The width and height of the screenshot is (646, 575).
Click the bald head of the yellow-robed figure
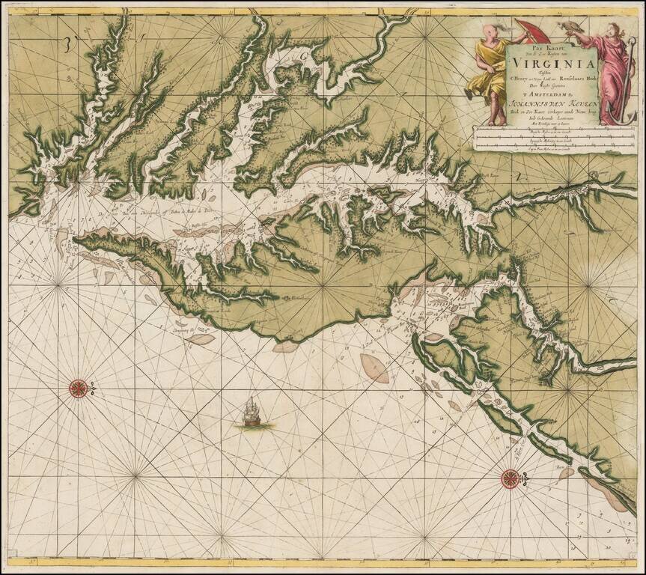[490, 31]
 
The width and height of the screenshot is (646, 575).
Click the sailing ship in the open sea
[253, 413]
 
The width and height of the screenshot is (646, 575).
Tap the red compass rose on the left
[78, 388]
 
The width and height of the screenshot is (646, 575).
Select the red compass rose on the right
[511, 476]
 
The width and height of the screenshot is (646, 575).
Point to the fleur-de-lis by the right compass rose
[526, 476]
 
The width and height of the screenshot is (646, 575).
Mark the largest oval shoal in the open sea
[374, 368]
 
